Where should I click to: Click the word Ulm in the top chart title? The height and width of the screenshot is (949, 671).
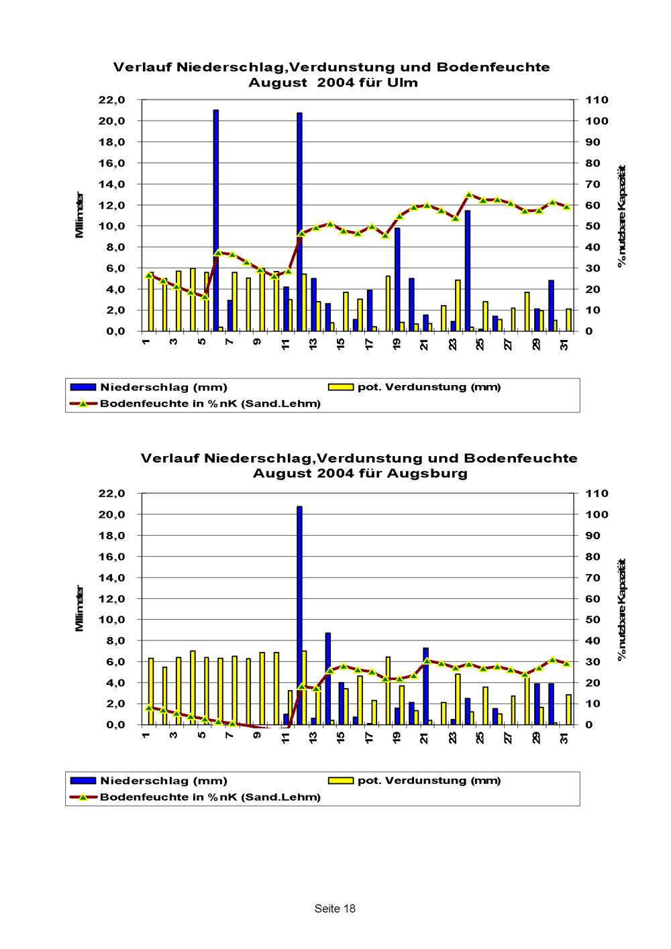click(x=405, y=83)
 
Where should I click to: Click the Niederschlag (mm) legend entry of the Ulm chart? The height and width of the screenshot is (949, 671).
click(x=163, y=388)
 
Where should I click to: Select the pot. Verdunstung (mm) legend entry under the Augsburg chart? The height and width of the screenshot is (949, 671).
click(x=429, y=781)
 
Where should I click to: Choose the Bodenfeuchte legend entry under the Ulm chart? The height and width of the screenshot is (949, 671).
click(x=210, y=404)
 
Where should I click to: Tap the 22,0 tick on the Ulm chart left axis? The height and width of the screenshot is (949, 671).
click(x=112, y=100)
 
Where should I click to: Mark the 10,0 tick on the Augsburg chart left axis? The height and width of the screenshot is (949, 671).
click(x=112, y=620)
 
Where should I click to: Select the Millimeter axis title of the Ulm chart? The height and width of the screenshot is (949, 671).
click(x=80, y=215)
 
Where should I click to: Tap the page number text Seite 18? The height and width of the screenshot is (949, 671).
click(x=335, y=909)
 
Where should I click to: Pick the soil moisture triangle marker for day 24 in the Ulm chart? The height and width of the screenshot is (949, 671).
click(x=469, y=195)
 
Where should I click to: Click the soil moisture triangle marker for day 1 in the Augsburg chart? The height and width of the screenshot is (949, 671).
click(x=150, y=708)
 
